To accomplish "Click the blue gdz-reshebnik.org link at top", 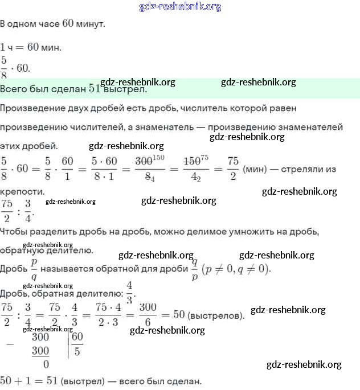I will (180, 7).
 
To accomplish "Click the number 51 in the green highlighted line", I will (95, 89).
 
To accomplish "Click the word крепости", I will (22, 191).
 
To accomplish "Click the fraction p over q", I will (34, 268).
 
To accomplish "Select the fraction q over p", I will (194, 268).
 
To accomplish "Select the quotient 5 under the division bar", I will (77, 351).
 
